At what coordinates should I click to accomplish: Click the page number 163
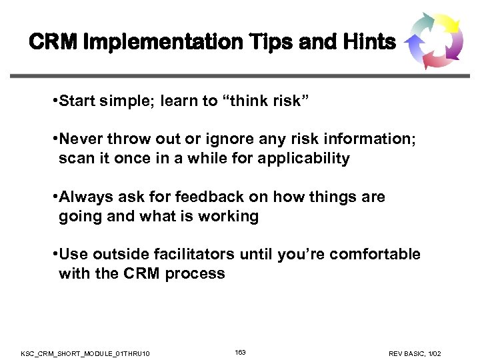(240, 352)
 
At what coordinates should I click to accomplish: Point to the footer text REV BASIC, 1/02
(414, 353)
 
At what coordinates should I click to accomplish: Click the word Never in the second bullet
(81, 140)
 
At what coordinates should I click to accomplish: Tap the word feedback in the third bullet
(203, 197)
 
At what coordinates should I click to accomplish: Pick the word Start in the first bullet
(77, 101)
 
